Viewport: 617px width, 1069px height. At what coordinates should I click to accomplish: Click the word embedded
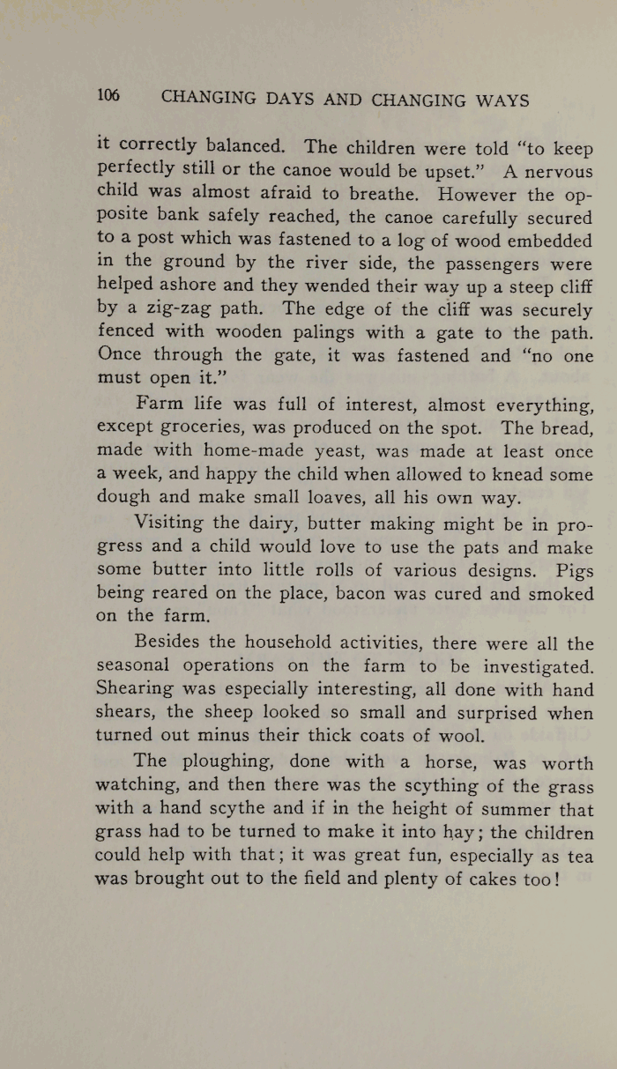click(x=544, y=241)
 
